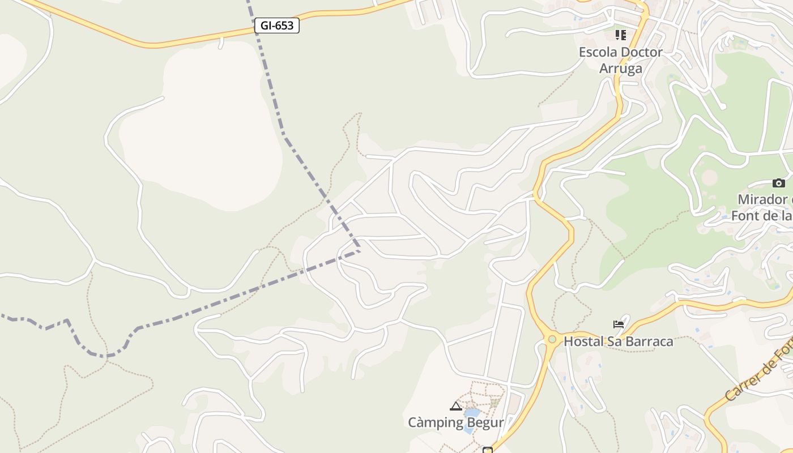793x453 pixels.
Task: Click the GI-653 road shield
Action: click(276, 25)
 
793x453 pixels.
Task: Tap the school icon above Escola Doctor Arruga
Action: click(621, 35)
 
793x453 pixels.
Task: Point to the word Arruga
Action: click(621, 69)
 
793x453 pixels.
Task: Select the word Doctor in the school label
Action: click(642, 52)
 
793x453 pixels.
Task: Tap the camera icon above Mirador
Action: click(779, 183)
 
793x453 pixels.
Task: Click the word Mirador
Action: click(762, 199)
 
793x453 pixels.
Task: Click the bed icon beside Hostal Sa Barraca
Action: click(619, 324)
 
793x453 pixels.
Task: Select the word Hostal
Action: click(583, 341)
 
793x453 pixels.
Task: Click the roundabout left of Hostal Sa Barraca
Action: click(552, 339)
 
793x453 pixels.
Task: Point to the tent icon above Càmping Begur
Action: click(456, 406)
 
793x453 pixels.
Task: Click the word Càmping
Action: click(434, 423)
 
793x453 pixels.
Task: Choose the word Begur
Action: click(484, 423)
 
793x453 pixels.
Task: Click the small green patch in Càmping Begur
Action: click(495, 403)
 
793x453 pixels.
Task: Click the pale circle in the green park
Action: click(709, 177)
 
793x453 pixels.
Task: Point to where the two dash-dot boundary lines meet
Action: click(359, 251)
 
